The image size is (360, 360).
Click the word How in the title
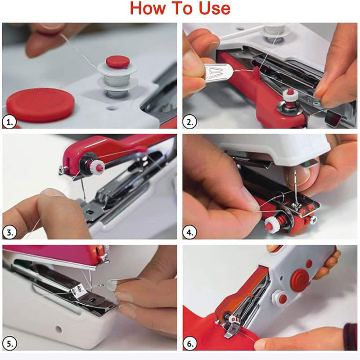click(148, 8)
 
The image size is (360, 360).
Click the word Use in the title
click(215, 8)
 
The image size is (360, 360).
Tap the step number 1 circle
click(9, 122)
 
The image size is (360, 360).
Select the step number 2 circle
click(189, 122)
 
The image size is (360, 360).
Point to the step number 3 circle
click(9, 233)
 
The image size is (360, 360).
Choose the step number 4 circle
click(189, 233)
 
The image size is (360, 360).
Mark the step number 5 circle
click(9, 344)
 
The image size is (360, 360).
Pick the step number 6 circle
click(189, 344)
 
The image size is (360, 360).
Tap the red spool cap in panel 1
click(117, 62)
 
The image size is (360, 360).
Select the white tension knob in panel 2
click(290, 94)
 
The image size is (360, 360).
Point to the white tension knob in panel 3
click(98, 166)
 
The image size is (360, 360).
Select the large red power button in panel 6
click(300, 280)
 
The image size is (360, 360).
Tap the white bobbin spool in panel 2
click(275, 32)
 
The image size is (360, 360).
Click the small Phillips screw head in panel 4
click(313, 220)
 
